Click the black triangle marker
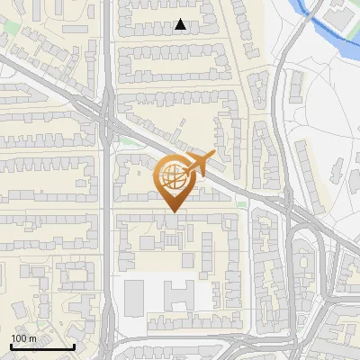point(181,24)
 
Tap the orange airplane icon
point(198,165)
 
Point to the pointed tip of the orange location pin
point(171,211)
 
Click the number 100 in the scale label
point(19,338)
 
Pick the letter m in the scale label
point(32,338)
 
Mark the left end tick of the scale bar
point(11,346)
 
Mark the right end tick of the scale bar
point(74,346)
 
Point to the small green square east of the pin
point(240,205)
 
